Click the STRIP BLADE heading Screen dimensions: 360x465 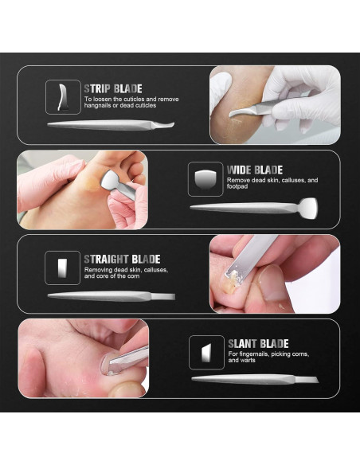[113, 88]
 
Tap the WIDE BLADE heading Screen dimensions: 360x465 [255, 170]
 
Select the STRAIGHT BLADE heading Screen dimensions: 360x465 [122, 260]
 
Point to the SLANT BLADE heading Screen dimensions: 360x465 [258, 344]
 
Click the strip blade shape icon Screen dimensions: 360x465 [63, 97]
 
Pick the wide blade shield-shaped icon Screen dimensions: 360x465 [205, 179]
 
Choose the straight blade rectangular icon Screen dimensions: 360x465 [62, 268]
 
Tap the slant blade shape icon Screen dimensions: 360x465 [206, 353]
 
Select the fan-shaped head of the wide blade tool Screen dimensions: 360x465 [308, 208]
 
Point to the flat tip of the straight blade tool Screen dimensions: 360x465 [163, 296]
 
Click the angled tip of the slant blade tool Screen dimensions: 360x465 [307, 379]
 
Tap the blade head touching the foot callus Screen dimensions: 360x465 [109, 180]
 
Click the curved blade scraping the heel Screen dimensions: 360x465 [241, 112]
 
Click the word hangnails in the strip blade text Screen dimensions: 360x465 [96, 105]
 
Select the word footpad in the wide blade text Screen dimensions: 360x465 [237, 186]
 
